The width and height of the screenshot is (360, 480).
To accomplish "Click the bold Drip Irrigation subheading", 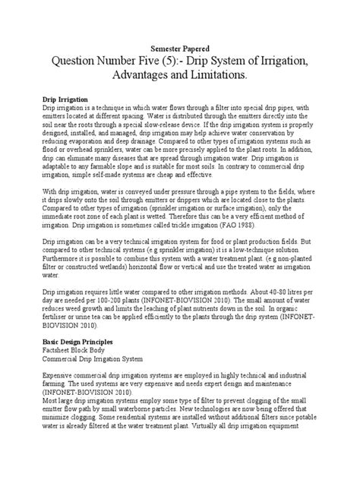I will pos(63,99).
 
